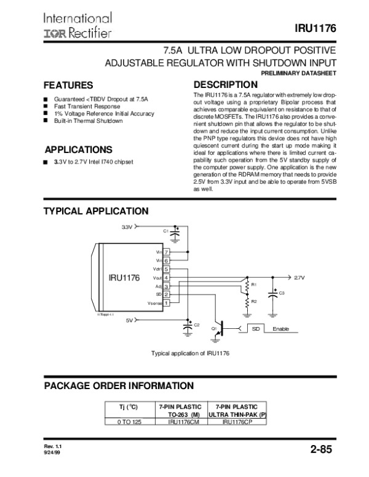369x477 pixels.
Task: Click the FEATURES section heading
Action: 69,85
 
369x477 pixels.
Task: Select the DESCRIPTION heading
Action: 225,84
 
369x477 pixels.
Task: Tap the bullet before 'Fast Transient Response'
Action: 46,106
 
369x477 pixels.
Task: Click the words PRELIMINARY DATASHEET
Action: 298,73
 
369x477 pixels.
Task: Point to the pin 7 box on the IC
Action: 167,252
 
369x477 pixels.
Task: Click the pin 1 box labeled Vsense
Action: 167,302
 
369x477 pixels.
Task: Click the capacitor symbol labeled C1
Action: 177,234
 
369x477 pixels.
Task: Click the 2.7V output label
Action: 300,277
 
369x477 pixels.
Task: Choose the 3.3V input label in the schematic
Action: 127,226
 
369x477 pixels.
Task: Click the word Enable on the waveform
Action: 280,329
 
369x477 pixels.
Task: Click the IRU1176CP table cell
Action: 234,422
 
